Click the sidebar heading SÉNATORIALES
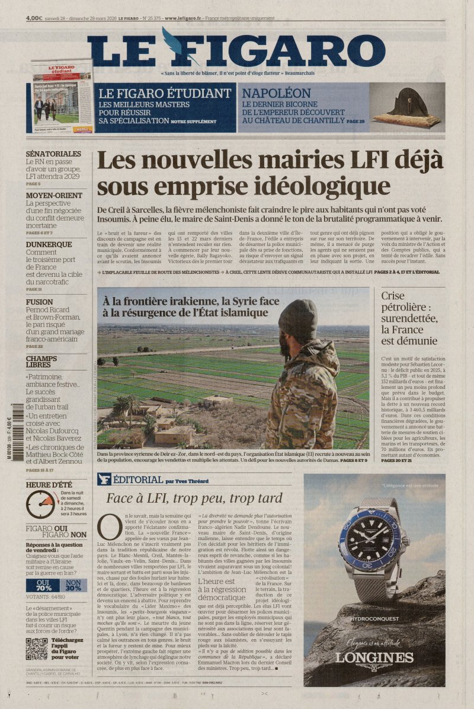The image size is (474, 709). tap(53, 154)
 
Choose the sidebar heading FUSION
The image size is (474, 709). tap(39, 302)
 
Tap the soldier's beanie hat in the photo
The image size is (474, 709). tap(297, 319)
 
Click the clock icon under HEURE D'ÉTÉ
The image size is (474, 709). tap(40, 504)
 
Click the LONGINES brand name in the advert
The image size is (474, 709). tap(374, 657)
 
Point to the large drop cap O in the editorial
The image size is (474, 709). tap(109, 526)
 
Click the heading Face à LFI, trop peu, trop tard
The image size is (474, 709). tap(194, 498)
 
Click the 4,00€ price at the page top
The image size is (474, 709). tap(34, 18)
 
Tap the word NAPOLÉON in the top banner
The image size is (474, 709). tap(277, 93)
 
